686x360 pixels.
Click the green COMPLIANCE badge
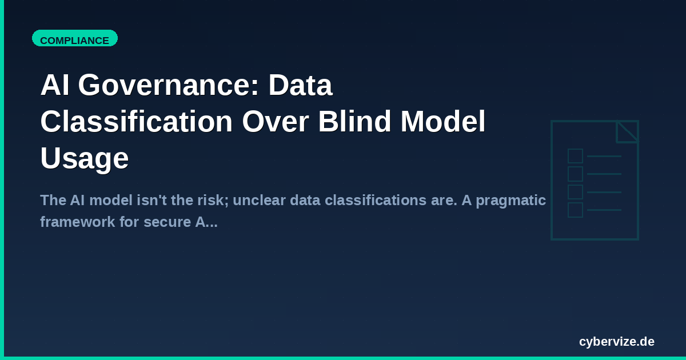click(x=75, y=40)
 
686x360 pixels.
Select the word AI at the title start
click(x=55, y=86)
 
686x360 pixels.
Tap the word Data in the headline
click(x=301, y=86)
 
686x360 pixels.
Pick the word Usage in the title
click(x=84, y=158)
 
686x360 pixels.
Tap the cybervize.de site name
click(x=616, y=342)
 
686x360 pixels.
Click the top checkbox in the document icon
click(x=575, y=156)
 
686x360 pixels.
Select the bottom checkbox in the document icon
click(x=575, y=210)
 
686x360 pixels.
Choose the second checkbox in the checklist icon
click(x=575, y=174)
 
